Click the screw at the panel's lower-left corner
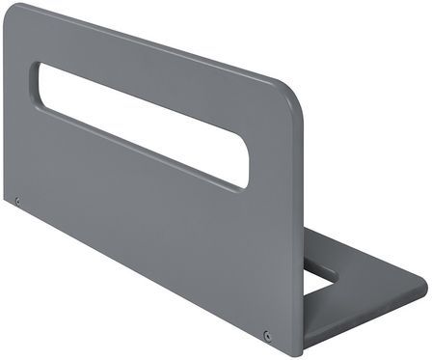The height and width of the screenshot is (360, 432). click(x=17, y=201)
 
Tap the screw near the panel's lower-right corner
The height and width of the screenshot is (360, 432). click(x=267, y=336)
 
